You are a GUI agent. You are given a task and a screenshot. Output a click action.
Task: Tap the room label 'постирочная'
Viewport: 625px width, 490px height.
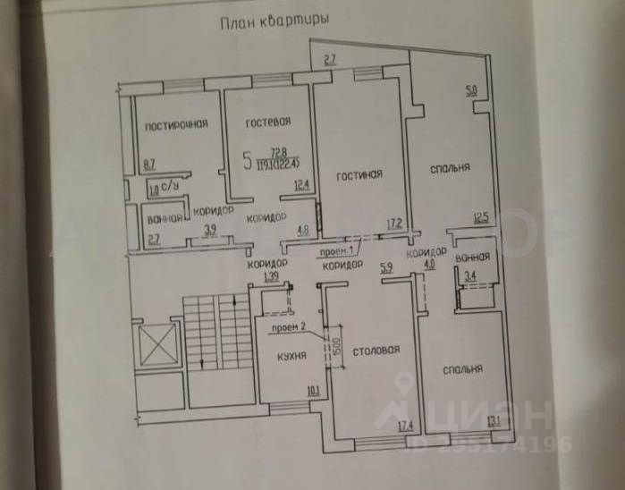(x=177, y=125)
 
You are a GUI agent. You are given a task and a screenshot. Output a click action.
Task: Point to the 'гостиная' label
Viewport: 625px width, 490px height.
(x=359, y=174)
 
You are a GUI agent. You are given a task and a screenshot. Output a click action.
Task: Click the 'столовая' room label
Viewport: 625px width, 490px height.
(x=376, y=350)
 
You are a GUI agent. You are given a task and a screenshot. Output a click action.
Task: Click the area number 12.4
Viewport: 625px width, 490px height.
(x=300, y=186)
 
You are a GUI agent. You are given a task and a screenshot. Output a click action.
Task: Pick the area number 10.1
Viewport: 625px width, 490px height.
(x=312, y=390)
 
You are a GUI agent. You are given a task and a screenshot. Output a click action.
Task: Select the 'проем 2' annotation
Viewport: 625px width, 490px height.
(x=290, y=326)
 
